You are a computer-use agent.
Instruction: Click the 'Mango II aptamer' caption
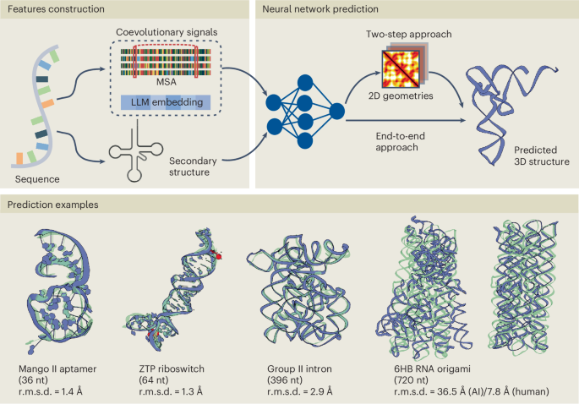coord(52,369)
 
